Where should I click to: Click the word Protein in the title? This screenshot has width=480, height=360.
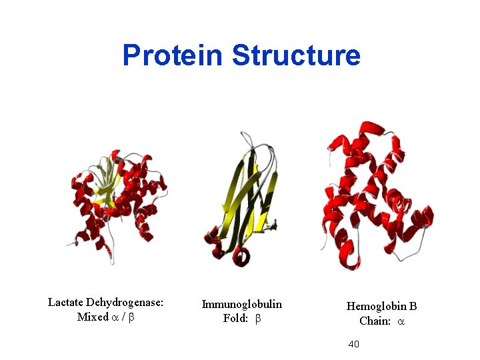[172, 55]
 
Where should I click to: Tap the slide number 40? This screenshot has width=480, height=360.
[354, 344]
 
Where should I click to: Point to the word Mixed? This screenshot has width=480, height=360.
[92, 317]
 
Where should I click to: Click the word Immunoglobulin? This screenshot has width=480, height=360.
[241, 304]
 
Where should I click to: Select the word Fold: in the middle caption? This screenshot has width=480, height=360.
[235, 319]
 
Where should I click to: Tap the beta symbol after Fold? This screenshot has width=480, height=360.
[258, 319]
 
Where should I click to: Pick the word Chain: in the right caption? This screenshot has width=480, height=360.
[374, 321]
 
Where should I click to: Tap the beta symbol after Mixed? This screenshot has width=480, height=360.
[131, 318]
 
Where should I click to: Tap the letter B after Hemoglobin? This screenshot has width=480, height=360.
[413, 306]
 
